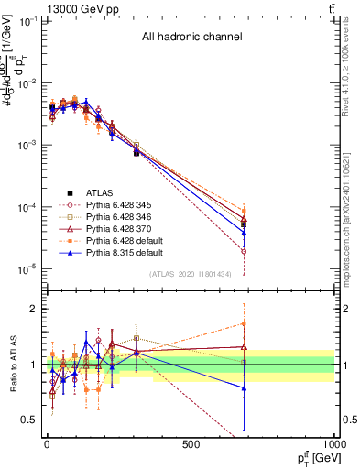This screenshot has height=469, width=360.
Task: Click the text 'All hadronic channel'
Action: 191,38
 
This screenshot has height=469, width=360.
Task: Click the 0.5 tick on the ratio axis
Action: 27,420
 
